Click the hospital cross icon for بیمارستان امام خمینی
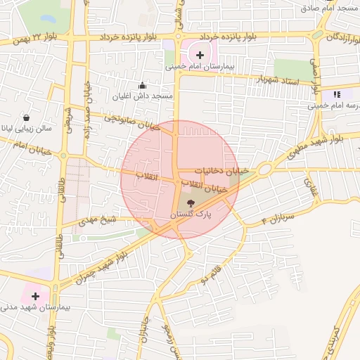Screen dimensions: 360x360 click(200, 54)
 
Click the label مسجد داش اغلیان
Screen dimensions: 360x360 click(143, 95)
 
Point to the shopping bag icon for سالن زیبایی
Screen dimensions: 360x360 click(27, 117)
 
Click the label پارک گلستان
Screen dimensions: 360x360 click(191, 213)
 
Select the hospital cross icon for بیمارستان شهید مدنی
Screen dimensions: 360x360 click(35, 297)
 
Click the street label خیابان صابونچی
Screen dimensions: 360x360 click(131, 120)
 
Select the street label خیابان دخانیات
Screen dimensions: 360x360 click(222, 171)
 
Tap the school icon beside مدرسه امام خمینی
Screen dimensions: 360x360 click(337, 94)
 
